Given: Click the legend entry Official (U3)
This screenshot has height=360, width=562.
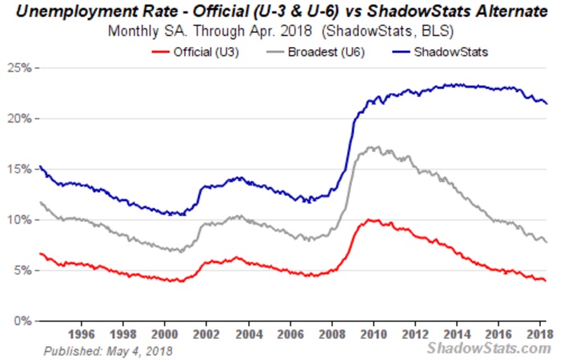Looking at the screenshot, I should point(196,51).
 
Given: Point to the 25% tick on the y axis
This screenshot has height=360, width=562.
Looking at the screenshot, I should point(22,67).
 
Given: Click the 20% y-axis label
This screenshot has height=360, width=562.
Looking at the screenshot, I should point(22,118).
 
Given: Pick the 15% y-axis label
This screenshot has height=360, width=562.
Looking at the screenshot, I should point(22,169).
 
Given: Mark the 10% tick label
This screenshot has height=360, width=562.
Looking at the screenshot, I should point(22,219).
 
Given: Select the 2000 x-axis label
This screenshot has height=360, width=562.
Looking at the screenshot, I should point(164,333).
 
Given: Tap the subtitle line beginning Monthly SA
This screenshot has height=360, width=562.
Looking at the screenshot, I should point(281,32).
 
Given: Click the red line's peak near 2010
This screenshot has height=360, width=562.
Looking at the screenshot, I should point(370,220).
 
